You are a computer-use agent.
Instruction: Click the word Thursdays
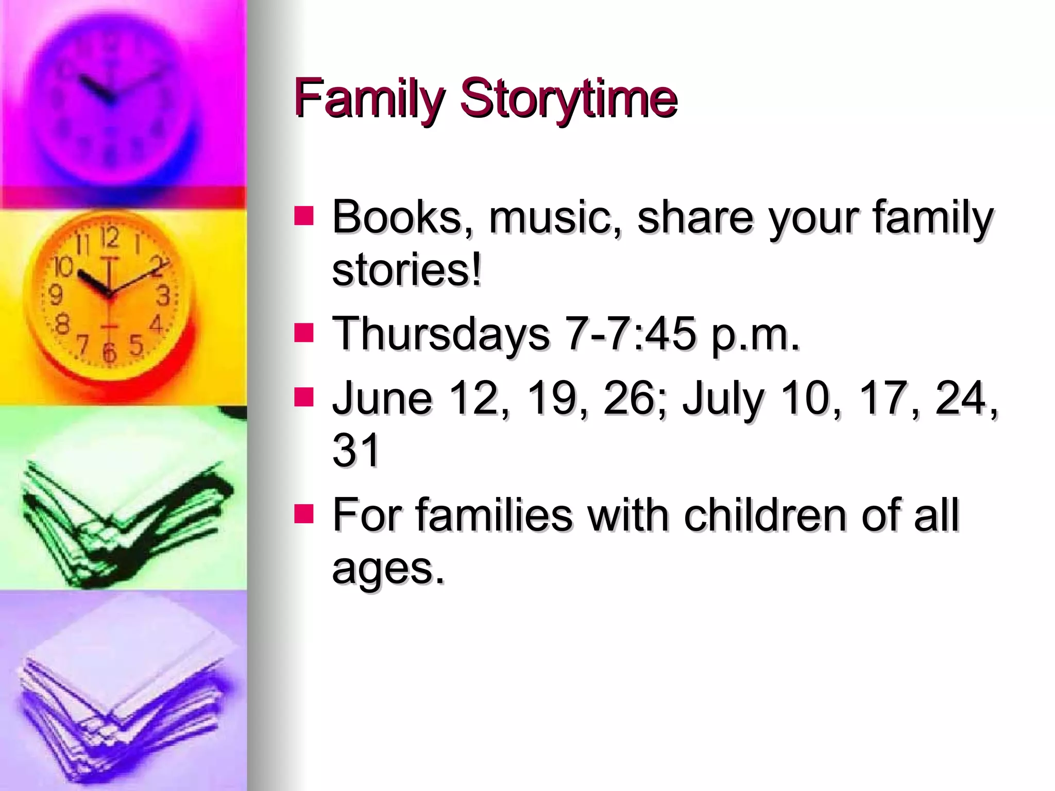pyautogui.click(x=441, y=334)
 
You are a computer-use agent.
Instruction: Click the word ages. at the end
pyautogui.click(x=388, y=569)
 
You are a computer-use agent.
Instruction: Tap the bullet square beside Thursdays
pyautogui.click(x=304, y=333)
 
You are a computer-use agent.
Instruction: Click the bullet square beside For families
pyautogui.click(x=304, y=513)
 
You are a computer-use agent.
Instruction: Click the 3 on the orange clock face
pyautogui.click(x=163, y=295)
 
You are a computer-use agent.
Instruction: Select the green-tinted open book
pyautogui.click(x=124, y=510)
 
